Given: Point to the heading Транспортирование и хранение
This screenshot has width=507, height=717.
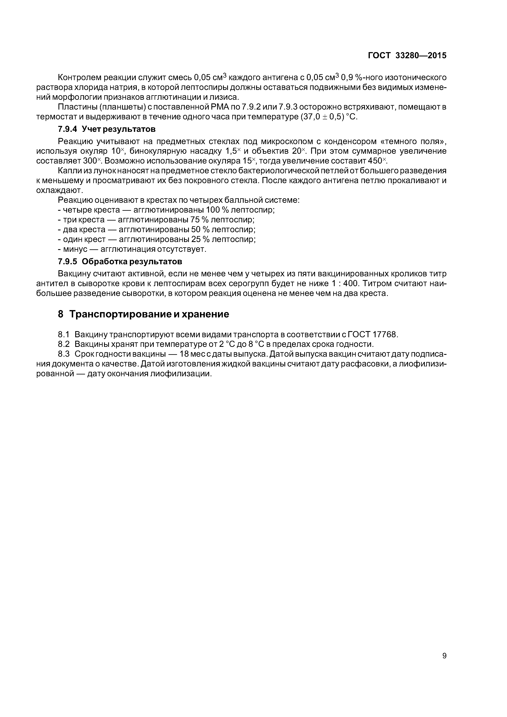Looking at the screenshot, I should (x=149, y=314).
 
